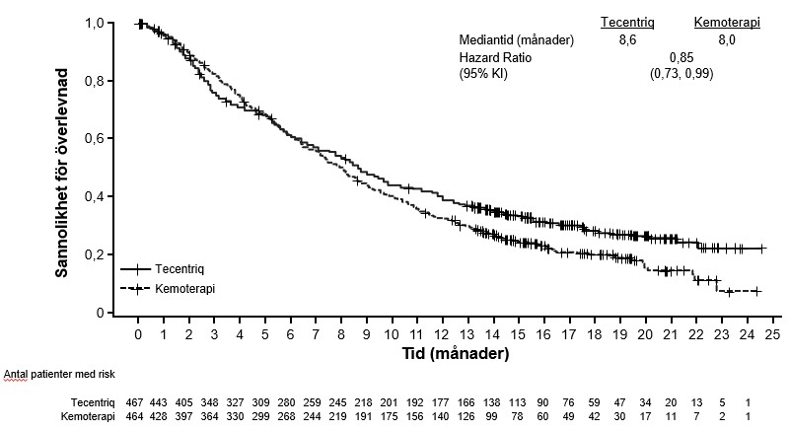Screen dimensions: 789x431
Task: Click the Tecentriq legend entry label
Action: point(179,269)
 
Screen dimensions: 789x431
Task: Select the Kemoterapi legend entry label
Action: point(185,289)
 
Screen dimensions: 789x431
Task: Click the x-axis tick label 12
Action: point(442,335)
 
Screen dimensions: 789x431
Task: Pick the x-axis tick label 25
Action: point(772,335)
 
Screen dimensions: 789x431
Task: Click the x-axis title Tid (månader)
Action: point(456,353)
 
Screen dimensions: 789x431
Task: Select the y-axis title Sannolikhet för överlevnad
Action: point(61,173)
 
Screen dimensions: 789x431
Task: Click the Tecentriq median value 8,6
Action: point(627,40)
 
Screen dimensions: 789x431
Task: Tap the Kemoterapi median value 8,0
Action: point(727,40)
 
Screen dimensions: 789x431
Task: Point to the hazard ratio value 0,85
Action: point(681,57)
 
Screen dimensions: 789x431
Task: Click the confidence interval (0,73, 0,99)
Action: point(681,74)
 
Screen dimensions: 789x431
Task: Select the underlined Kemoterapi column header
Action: point(727,22)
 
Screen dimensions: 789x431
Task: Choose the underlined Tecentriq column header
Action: point(627,22)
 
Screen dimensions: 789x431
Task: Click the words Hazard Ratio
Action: point(495,57)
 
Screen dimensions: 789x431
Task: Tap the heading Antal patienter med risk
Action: point(59,375)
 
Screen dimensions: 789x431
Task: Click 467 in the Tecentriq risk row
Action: point(134,402)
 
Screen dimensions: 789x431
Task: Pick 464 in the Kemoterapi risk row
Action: point(134,417)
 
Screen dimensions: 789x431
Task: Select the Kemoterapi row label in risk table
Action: point(88,417)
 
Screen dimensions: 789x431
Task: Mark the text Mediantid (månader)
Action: point(516,39)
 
